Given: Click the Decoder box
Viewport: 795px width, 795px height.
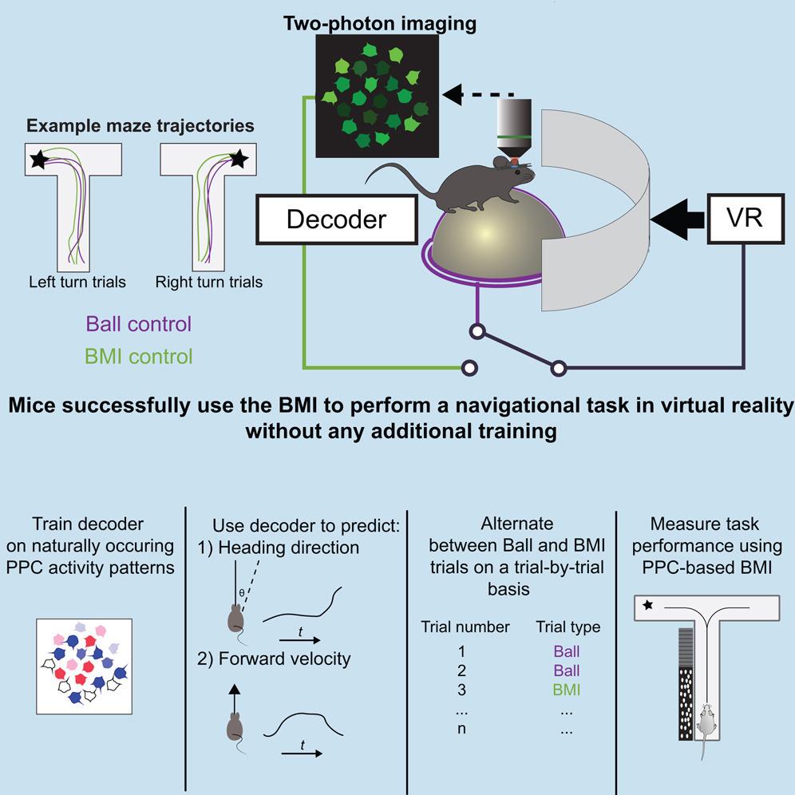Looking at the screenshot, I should (x=336, y=218).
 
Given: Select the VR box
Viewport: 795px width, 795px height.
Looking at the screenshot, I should (x=744, y=217).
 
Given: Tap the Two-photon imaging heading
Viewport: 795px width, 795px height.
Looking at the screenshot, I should (x=380, y=23).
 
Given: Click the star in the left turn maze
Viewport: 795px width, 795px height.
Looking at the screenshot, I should (x=38, y=160).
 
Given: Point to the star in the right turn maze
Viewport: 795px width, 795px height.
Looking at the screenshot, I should (x=239, y=160).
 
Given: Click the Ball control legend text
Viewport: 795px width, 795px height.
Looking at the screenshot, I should (x=139, y=325).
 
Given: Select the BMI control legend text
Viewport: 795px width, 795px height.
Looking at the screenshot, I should (x=139, y=356).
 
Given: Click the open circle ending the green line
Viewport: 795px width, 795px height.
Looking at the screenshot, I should (x=469, y=368).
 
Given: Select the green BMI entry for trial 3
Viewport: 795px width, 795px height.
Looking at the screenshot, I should (x=566, y=690).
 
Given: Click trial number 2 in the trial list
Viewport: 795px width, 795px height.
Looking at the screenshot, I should (x=461, y=670).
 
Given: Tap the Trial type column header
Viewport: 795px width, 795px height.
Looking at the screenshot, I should (x=568, y=627).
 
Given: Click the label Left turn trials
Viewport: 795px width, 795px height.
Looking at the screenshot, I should (x=77, y=282).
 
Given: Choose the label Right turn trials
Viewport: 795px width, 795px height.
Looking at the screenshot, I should (x=209, y=282).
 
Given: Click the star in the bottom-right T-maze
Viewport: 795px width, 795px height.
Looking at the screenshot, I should (x=648, y=606).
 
